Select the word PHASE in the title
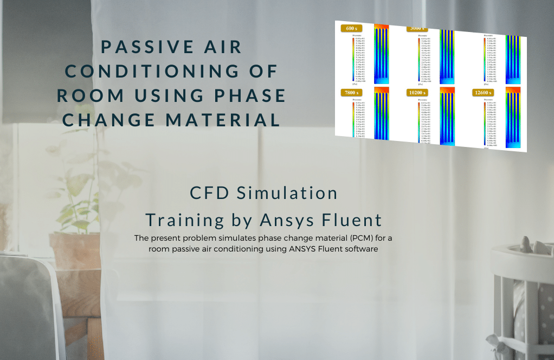(x=250, y=95)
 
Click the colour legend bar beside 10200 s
(x=421, y=122)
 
